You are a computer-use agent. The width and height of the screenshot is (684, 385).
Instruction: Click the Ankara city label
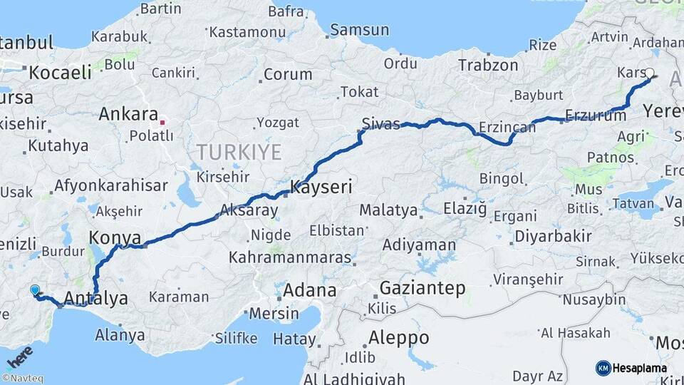pyautogui.click(x=128, y=114)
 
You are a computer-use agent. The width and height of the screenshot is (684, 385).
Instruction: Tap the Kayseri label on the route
pyautogui.click(x=322, y=188)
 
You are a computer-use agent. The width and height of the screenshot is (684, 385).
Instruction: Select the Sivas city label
pyautogui.click(x=380, y=123)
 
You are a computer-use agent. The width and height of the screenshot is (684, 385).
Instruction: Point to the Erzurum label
pyautogui.click(x=595, y=115)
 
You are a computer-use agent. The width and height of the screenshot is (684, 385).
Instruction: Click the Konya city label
pyautogui.click(x=115, y=237)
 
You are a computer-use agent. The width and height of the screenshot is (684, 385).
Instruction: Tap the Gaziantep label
pyautogui.click(x=423, y=289)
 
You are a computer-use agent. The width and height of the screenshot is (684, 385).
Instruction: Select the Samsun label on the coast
pyautogui.click(x=360, y=30)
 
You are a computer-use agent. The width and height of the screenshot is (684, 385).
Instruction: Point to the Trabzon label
pyautogui.click(x=488, y=65)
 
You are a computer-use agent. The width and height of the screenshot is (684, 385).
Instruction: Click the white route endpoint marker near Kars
pyautogui.click(x=649, y=73)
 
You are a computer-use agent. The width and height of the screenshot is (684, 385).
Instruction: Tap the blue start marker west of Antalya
pyautogui.click(x=35, y=289)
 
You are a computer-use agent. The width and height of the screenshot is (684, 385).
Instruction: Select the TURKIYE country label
pyautogui.click(x=239, y=152)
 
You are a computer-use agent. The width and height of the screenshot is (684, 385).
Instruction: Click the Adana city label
pyautogui.click(x=309, y=290)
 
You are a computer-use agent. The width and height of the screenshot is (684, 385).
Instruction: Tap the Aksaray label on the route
pyautogui.click(x=249, y=210)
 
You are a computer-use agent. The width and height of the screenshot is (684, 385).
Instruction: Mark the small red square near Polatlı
pyautogui.click(x=163, y=122)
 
